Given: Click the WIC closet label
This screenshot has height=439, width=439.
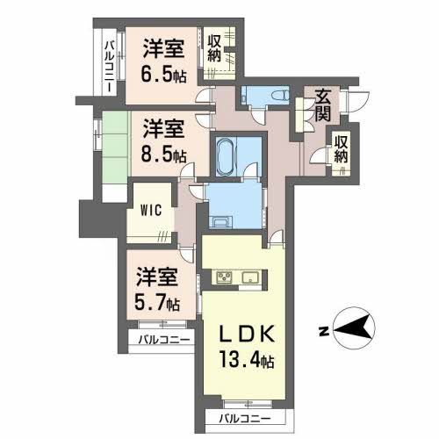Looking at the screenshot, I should click(x=150, y=211).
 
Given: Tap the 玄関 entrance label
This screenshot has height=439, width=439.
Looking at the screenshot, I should click(x=322, y=105).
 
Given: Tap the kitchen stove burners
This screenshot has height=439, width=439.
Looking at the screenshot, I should click(x=224, y=279).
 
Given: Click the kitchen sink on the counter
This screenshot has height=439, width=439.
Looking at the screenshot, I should click(x=249, y=279).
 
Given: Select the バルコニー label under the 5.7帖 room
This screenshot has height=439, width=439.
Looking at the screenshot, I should click(x=162, y=340).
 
